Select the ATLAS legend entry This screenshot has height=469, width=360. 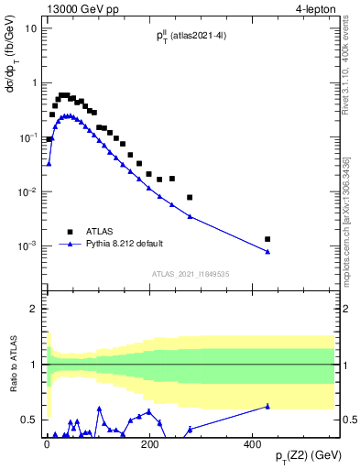pos(102,232)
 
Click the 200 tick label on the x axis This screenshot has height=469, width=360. pos(150,443)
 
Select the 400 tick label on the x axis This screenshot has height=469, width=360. pos(254,443)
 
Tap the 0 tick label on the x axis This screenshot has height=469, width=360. pos(47,443)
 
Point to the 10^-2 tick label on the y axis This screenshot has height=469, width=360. pos(29,191)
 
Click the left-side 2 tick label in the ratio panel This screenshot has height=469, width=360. pos(34,309)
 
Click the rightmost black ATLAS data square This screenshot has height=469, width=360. pos(267,239)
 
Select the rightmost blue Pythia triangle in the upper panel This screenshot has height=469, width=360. pos(267,252)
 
